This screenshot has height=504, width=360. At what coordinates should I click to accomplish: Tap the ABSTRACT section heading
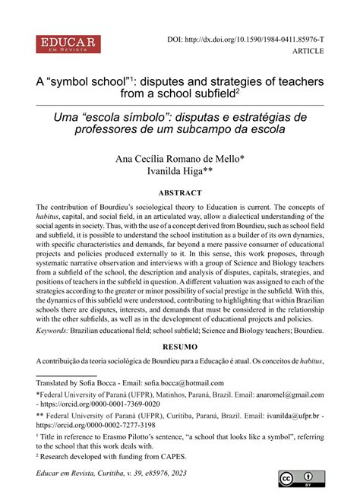coord(179,192)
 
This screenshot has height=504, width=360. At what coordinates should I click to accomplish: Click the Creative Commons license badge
coord(297,479)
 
